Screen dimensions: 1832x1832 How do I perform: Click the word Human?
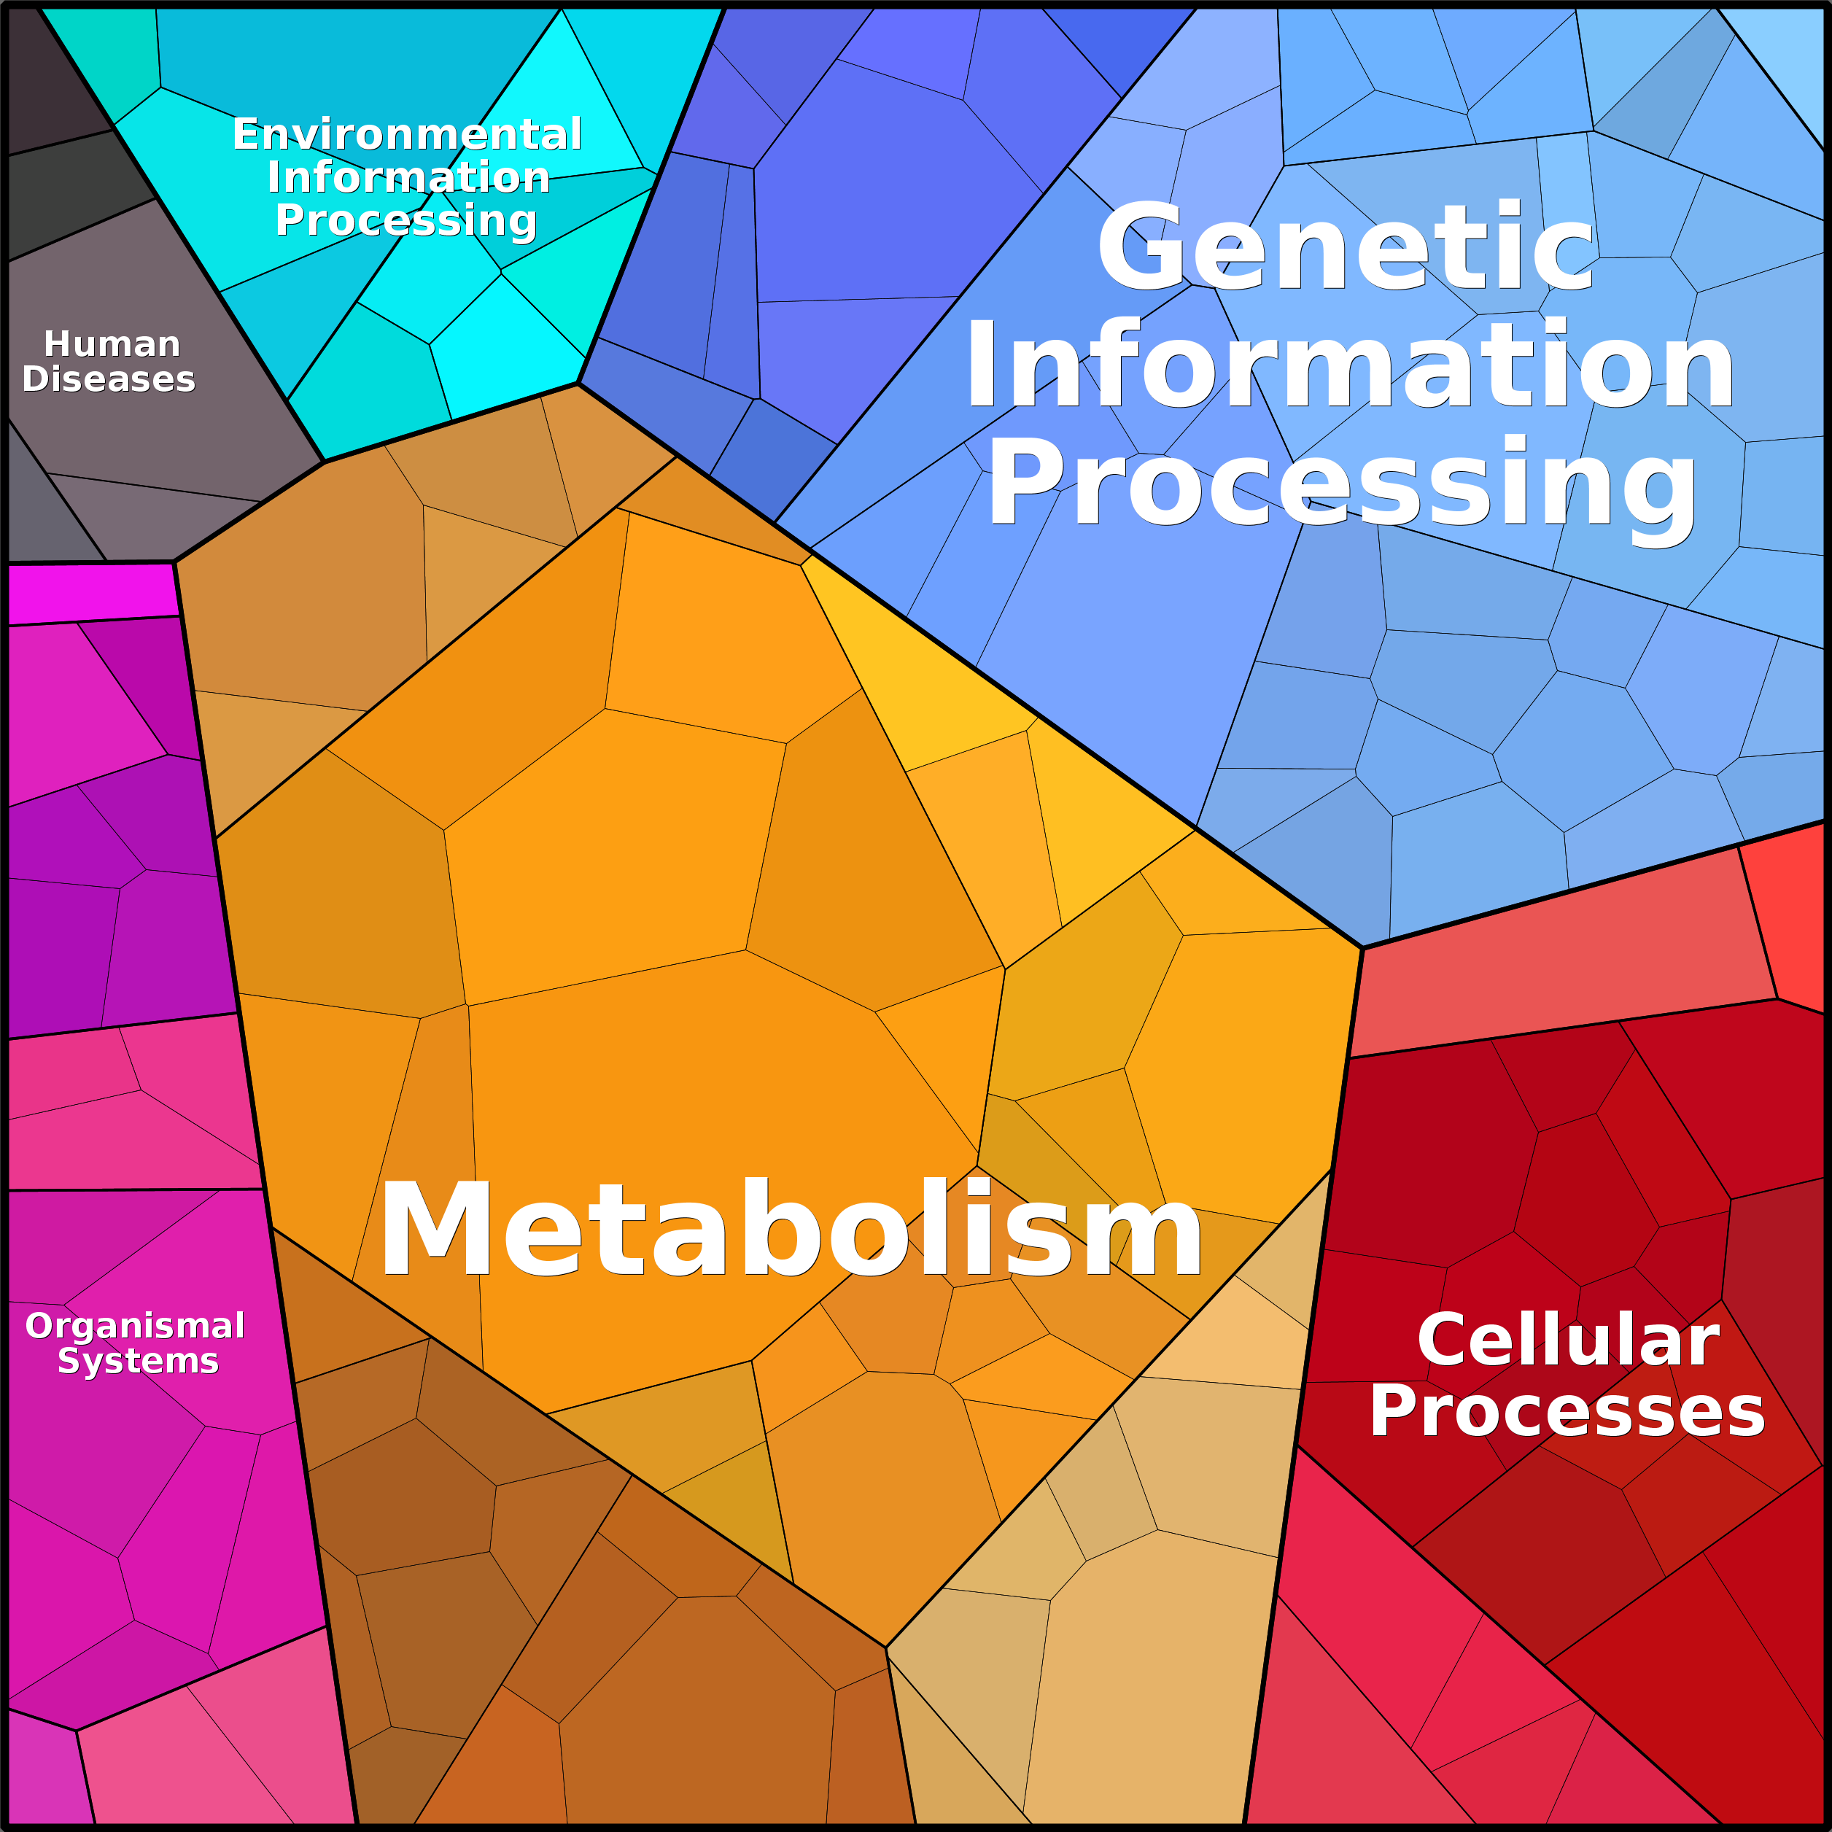112,343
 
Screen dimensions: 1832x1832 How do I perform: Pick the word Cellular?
1569,1340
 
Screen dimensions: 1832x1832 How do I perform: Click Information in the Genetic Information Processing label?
1349,365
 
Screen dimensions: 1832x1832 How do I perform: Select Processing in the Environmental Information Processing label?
407,220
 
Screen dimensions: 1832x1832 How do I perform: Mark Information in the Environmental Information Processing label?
408,177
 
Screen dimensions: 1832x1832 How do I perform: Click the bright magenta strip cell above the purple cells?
92,594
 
